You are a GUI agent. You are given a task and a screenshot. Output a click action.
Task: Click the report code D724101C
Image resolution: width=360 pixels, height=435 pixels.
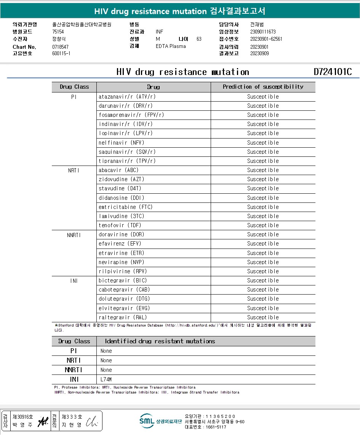333,72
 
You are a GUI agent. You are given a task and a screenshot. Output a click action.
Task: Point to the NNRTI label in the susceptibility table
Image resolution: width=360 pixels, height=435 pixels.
74,235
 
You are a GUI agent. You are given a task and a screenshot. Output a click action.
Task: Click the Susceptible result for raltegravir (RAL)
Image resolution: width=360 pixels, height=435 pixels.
263,317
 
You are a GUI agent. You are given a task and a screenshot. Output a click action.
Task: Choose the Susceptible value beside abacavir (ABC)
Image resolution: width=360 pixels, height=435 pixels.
263,170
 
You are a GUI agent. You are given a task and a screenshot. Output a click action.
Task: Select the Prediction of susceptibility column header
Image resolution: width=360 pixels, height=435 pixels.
263,87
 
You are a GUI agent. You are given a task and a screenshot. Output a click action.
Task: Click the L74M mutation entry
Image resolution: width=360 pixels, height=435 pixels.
106,379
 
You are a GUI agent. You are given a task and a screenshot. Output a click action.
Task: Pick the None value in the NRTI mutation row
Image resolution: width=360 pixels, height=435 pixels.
106,360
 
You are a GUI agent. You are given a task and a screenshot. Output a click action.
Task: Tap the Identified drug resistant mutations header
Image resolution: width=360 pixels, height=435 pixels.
160,341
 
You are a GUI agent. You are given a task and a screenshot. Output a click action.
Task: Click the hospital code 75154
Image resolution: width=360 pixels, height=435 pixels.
58,32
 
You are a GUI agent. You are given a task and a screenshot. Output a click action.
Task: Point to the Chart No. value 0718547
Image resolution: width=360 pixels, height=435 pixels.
60,47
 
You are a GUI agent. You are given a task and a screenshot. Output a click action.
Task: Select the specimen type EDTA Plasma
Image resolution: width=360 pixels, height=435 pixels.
171,46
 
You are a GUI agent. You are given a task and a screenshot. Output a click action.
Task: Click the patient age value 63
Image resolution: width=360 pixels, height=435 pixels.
199,39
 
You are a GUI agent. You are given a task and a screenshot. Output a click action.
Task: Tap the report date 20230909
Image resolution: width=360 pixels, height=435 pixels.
259,53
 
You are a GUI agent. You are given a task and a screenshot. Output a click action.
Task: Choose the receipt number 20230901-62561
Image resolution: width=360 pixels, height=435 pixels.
266,39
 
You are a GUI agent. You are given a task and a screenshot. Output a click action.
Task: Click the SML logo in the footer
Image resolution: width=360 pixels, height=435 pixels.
147,421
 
